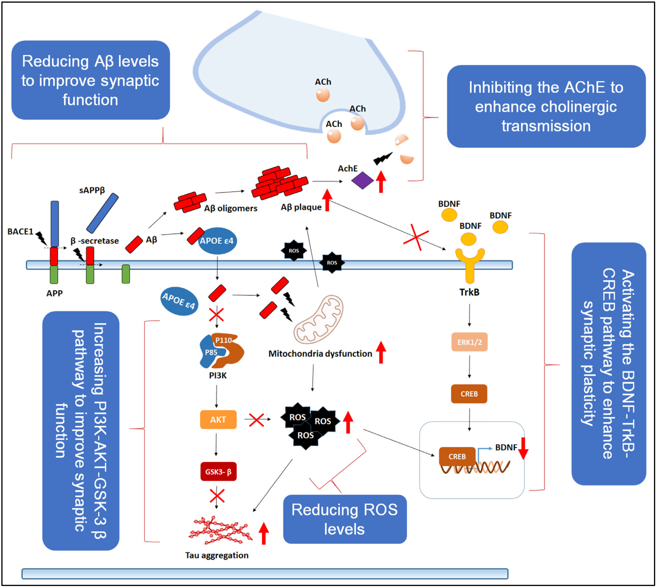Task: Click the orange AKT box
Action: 218,419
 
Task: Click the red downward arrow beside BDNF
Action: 523,449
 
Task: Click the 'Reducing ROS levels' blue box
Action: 345,519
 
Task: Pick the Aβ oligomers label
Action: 231,208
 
